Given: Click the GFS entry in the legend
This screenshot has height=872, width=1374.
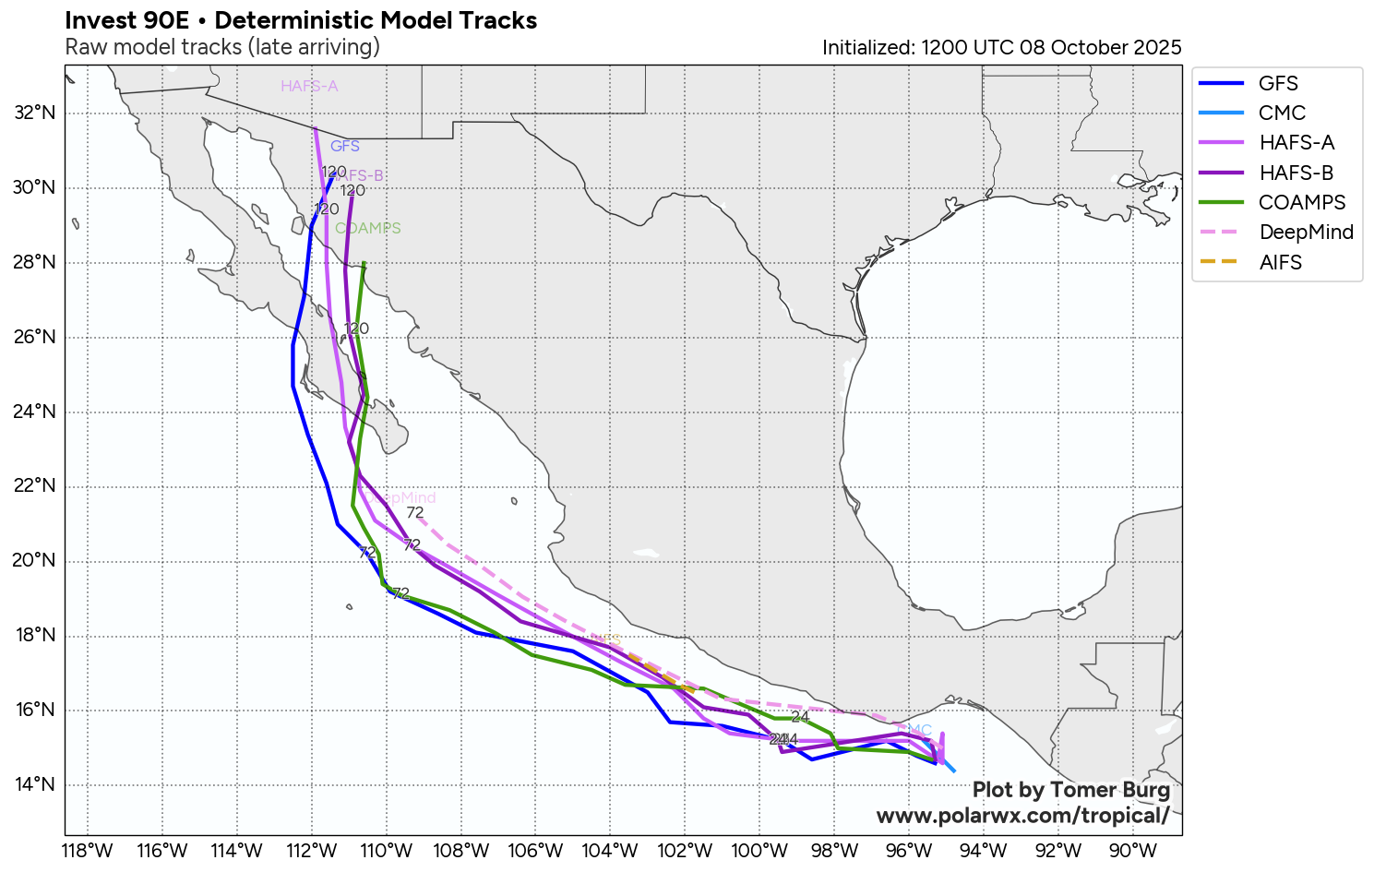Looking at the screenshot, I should tap(1278, 83).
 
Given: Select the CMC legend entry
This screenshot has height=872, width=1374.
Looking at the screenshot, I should tap(1282, 113).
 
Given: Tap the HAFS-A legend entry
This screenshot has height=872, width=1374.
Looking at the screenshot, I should tap(1296, 142).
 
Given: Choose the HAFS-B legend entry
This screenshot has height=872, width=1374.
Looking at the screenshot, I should tap(1296, 173).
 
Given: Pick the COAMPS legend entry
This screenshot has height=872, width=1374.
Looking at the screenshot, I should tap(1302, 202).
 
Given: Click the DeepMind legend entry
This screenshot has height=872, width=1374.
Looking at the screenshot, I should tap(1306, 232).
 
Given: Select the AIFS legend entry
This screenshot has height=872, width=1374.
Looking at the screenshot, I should tap(1280, 262).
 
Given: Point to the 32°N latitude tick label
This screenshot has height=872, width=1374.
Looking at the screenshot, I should tap(35, 113).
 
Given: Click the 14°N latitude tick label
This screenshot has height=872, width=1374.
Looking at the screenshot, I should tap(35, 785).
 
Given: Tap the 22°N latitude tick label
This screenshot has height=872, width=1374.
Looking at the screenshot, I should tap(35, 486).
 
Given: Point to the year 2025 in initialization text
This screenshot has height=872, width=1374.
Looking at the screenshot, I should tap(1158, 48).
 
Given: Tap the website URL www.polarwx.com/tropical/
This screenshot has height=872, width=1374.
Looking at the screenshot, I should tap(1022, 816).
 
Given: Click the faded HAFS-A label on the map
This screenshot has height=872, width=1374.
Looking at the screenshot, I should tap(309, 87).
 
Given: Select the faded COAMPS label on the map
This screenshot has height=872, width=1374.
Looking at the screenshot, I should tap(367, 228).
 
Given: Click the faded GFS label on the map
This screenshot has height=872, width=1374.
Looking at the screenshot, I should tap(345, 146).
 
